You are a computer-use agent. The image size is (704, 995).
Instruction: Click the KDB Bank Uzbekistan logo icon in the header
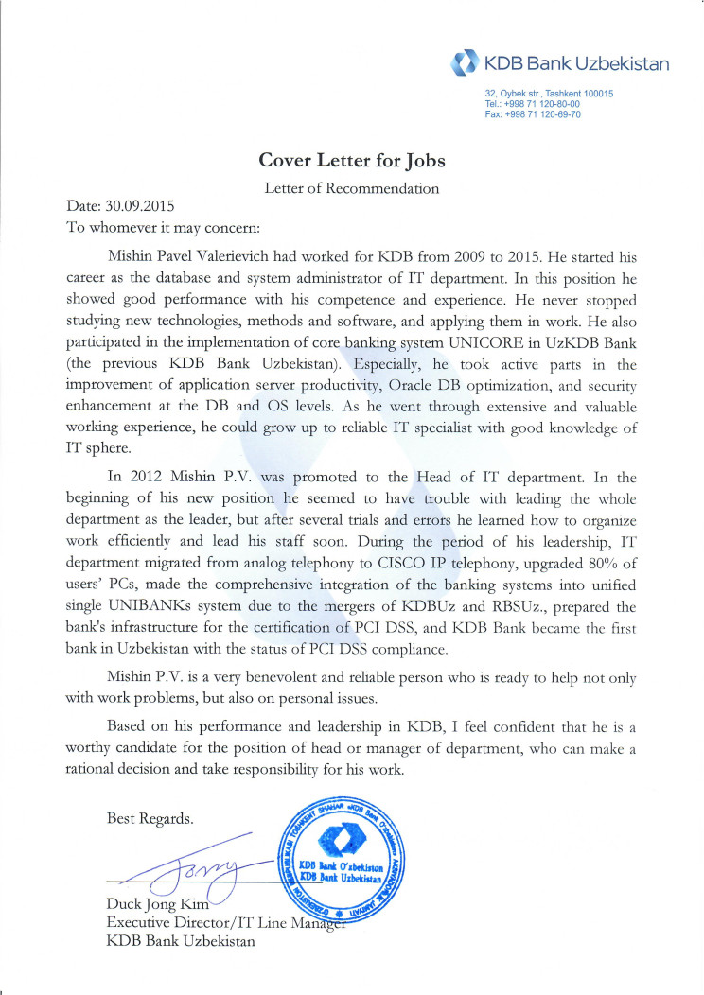(466, 64)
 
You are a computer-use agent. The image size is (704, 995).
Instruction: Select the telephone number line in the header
(532, 104)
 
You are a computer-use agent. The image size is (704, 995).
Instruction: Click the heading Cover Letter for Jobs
(352, 160)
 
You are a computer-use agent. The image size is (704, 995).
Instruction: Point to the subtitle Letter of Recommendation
(352, 187)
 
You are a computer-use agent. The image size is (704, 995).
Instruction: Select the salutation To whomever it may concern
(162, 227)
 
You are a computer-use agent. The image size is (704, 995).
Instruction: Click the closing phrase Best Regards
(150, 818)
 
